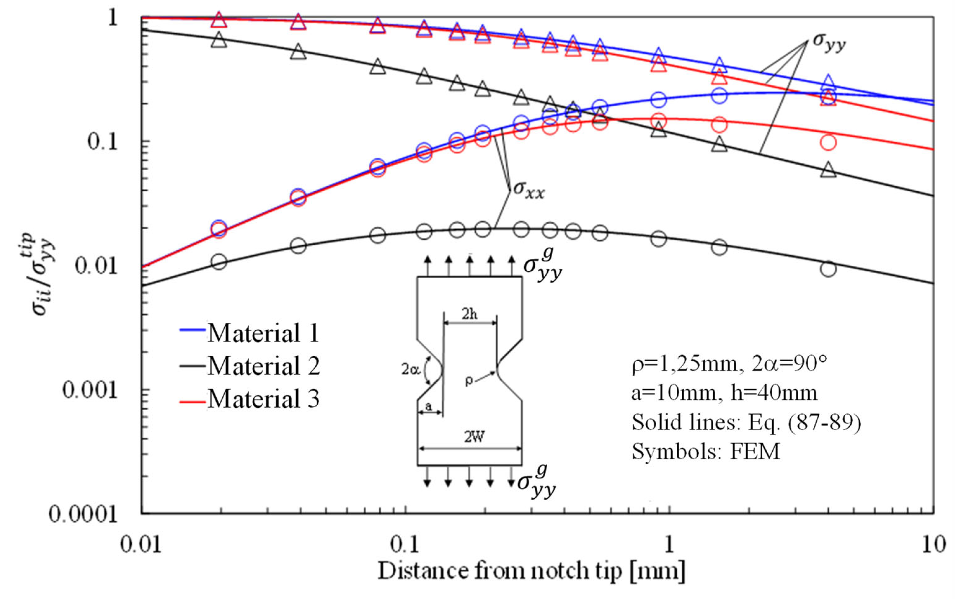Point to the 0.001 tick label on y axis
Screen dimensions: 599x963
(x=90, y=390)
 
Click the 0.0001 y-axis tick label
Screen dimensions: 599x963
(x=83, y=515)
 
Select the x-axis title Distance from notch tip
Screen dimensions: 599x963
(x=531, y=571)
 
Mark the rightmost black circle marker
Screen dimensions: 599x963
(x=828, y=269)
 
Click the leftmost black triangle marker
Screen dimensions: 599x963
(x=219, y=41)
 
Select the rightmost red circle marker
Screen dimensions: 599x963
(x=828, y=142)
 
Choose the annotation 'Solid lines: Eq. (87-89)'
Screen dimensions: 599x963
(x=746, y=423)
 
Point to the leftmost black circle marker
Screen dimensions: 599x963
(x=219, y=262)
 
